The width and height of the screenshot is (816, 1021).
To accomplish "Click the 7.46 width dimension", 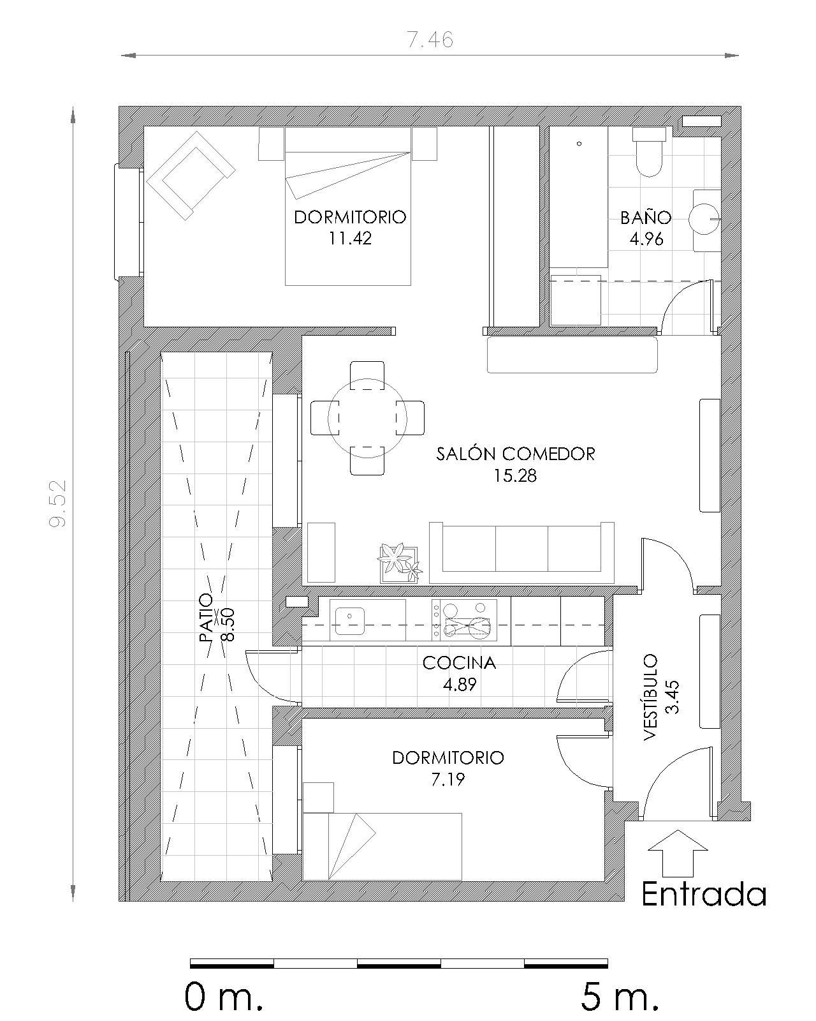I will (430, 40).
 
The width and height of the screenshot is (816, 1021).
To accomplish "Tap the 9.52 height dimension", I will (59, 503).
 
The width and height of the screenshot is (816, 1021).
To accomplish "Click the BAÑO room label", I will (646, 218).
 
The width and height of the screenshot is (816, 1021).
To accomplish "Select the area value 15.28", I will (515, 475).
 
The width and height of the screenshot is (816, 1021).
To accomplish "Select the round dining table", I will (367, 418).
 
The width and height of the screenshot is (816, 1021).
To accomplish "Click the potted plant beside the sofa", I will (398, 562).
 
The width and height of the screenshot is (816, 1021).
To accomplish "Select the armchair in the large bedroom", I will (190, 174).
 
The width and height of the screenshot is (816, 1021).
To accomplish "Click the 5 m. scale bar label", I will (618, 997).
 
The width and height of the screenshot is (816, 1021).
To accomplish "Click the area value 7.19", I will (448, 779).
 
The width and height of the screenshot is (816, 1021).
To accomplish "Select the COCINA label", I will (459, 663).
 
